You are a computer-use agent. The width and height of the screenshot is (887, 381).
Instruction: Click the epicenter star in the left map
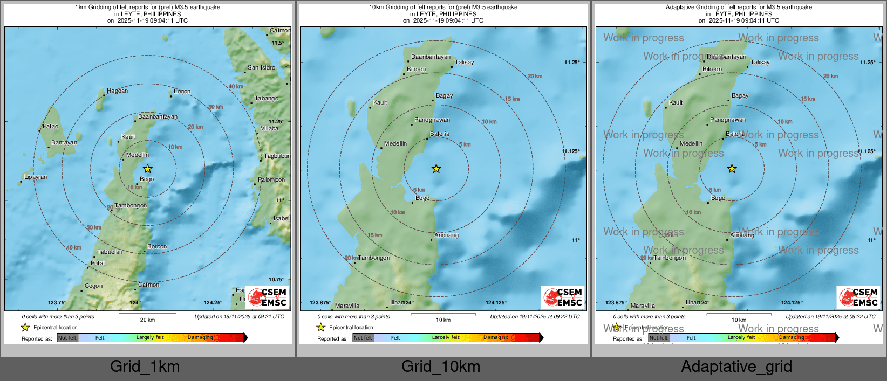(x=147, y=169)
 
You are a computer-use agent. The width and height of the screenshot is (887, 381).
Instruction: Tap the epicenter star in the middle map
(x=436, y=169)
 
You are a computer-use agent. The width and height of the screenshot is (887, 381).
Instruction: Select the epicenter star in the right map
(x=732, y=169)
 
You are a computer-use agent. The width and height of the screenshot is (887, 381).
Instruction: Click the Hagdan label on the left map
(x=117, y=91)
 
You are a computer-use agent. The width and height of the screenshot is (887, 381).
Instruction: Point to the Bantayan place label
(x=64, y=143)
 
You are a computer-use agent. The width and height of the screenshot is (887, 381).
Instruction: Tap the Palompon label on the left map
(x=271, y=180)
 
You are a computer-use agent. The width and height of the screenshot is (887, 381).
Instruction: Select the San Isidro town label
(x=261, y=68)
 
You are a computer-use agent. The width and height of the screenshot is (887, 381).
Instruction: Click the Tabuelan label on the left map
(x=110, y=252)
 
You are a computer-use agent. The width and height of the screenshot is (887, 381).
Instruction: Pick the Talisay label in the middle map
(x=464, y=63)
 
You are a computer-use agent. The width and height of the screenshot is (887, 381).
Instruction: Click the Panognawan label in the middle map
(x=432, y=120)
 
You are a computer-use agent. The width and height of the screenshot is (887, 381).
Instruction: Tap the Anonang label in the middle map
(x=446, y=235)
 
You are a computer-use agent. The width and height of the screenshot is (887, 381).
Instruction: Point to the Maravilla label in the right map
(x=643, y=306)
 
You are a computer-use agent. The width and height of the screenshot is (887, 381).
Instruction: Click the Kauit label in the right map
(x=676, y=102)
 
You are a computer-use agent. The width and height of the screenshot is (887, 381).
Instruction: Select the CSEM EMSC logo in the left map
(x=268, y=297)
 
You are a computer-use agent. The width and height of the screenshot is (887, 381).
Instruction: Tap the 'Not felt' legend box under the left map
(x=67, y=338)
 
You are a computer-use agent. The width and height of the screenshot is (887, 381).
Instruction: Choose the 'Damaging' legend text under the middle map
(x=496, y=338)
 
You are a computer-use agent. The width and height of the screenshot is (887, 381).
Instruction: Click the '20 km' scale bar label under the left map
(x=147, y=320)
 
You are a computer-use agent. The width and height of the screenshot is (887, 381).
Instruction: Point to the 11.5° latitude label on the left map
(x=278, y=43)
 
